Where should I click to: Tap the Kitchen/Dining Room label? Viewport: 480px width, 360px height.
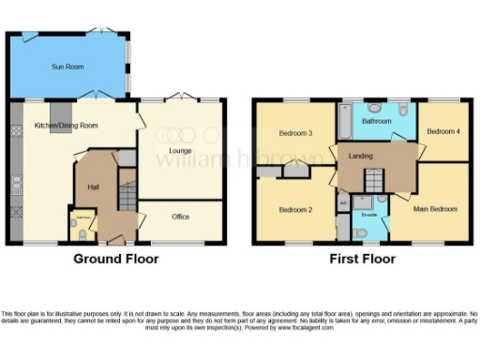click(x=67, y=126)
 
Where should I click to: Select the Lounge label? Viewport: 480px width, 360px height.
click(x=180, y=150)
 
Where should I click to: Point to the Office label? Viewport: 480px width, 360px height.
click(x=180, y=217)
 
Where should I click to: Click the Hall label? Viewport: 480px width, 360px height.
click(x=94, y=187)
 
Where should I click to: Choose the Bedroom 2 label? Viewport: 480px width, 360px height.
click(x=297, y=209)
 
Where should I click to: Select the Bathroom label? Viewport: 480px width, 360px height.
click(x=377, y=122)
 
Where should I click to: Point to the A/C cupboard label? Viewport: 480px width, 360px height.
click(x=343, y=202)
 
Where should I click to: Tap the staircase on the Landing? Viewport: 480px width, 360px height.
click(x=375, y=180)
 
